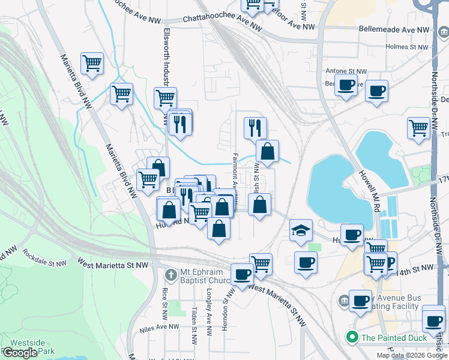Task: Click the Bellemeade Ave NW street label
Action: (x=394, y=29)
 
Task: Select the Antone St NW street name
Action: (x=343, y=70)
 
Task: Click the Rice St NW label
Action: (x=164, y=303)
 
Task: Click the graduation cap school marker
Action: (x=301, y=230)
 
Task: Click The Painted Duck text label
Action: (x=394, y=338)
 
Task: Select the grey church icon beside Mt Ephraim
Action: (x=170, y=275)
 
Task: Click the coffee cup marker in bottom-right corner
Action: (x=433, y=319)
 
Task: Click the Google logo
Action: (x=20, y=353)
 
